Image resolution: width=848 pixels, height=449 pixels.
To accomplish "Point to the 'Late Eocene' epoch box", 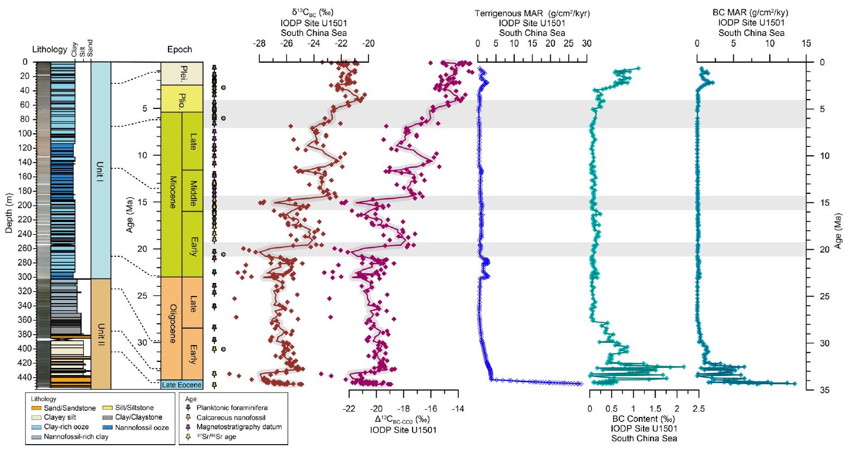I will pyautogui.click(x=182, y=385).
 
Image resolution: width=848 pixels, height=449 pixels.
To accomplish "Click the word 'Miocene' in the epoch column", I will pyautogui.click(x=171, y=195).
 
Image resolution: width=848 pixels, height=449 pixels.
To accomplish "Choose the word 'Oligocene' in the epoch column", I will pyautogui.click(x=171, y=328).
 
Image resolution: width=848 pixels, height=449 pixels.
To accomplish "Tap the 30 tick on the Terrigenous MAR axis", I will pyautogui.click(x=587, y=54).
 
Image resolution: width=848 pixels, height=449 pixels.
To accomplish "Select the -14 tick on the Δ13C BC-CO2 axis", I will pyautogui.click(x=458, y=398).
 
